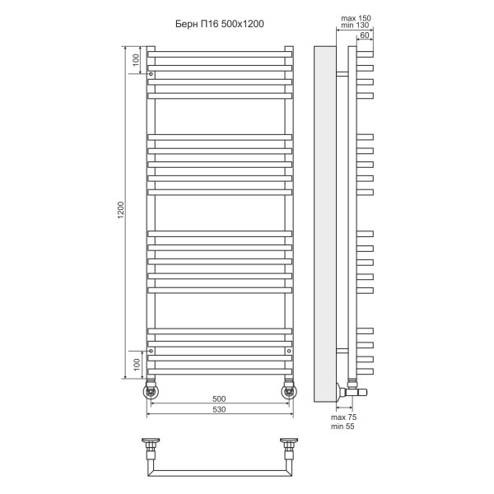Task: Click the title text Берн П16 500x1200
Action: coord(220,24)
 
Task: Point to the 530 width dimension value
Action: coord(219,409)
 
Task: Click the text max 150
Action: coord(355,17)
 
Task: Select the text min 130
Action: coord(355,27)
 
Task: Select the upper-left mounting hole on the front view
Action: coord(151,75)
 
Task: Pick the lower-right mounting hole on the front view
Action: coord(289,351)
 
